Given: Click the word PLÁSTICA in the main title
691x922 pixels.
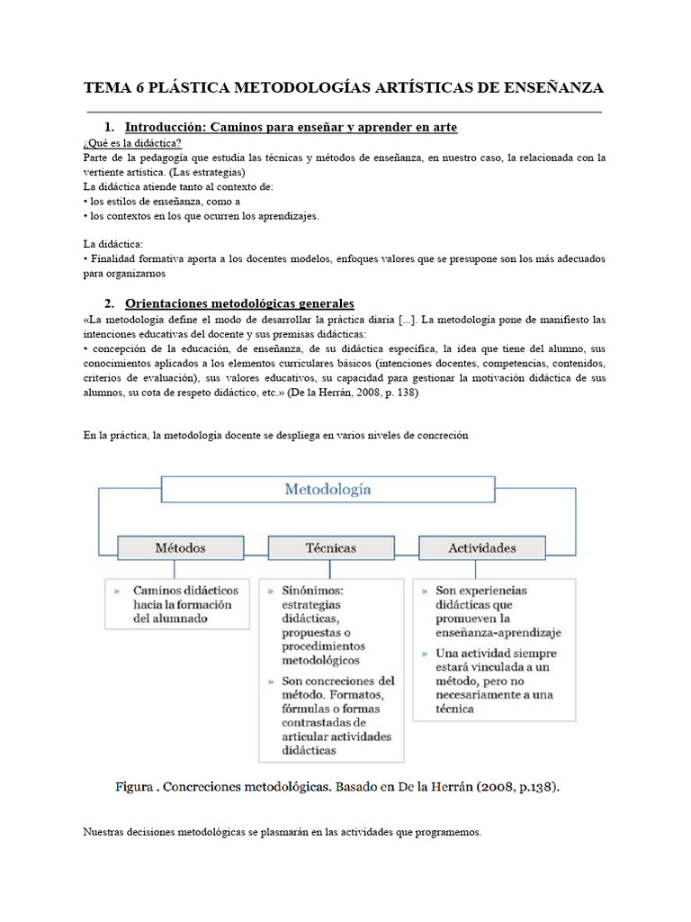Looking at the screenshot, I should coord(187,87).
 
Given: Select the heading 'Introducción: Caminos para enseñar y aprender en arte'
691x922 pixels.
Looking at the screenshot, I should coord(291,128).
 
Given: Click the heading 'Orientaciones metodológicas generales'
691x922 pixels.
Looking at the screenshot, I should coord(239,303).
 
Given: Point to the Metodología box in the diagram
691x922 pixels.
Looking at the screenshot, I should coord(328,490).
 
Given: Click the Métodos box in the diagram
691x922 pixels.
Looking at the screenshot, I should coord(180,547).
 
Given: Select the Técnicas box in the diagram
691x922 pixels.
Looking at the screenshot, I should coord(330,547).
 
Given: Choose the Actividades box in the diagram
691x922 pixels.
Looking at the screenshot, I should coord(481,547).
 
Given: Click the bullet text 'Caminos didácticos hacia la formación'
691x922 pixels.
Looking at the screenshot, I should coord(182,604).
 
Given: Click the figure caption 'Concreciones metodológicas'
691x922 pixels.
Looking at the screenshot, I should coord(337,786).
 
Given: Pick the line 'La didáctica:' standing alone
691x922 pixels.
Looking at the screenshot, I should coord(113,244).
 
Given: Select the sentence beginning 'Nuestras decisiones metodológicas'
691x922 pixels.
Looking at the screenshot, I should coord(283,833).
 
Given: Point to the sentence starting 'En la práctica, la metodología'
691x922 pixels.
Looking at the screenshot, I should coord(276,436).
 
